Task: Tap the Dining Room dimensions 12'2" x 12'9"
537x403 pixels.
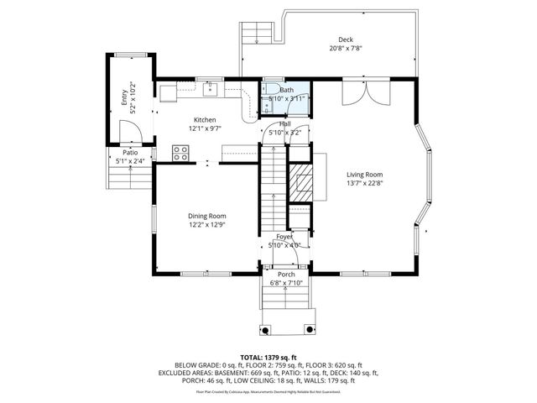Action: [x=206, y=224]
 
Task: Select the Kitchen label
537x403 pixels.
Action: [x=206, y=119]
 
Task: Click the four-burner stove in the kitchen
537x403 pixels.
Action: [x=180, y=152]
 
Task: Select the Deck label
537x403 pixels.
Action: [x=345, y=39]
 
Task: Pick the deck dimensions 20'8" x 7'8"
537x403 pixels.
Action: [x=345, y=49]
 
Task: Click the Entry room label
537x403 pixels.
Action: [x=124, y=98]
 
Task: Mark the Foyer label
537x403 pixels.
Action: [x=284, y=238]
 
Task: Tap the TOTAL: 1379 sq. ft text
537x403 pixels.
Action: [x=268, y=357]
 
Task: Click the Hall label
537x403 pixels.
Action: [x=285, y=123]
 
